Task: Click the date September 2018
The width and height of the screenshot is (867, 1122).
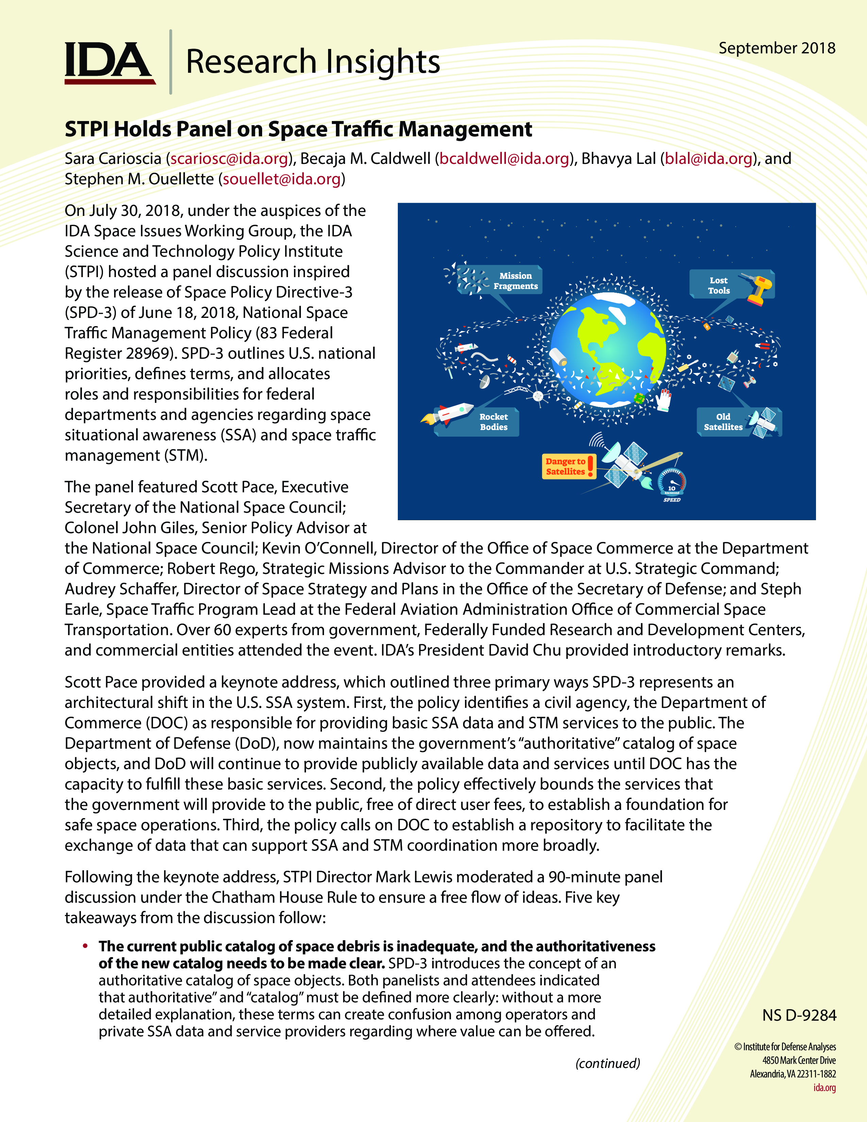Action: [777, 48]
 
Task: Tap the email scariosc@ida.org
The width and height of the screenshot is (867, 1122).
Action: [229, 159]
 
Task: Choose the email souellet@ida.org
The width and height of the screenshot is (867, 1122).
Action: [282, 179]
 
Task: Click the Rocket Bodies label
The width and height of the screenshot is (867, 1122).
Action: [494, 422]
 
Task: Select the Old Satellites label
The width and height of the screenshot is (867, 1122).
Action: [723, 422]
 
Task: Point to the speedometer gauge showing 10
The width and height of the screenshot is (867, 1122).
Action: [672, 483]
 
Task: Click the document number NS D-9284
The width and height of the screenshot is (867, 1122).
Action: [799, 1015]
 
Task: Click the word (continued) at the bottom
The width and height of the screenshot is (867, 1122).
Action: [608, 1063]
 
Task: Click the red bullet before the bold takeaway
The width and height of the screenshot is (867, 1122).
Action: [85, 946]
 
